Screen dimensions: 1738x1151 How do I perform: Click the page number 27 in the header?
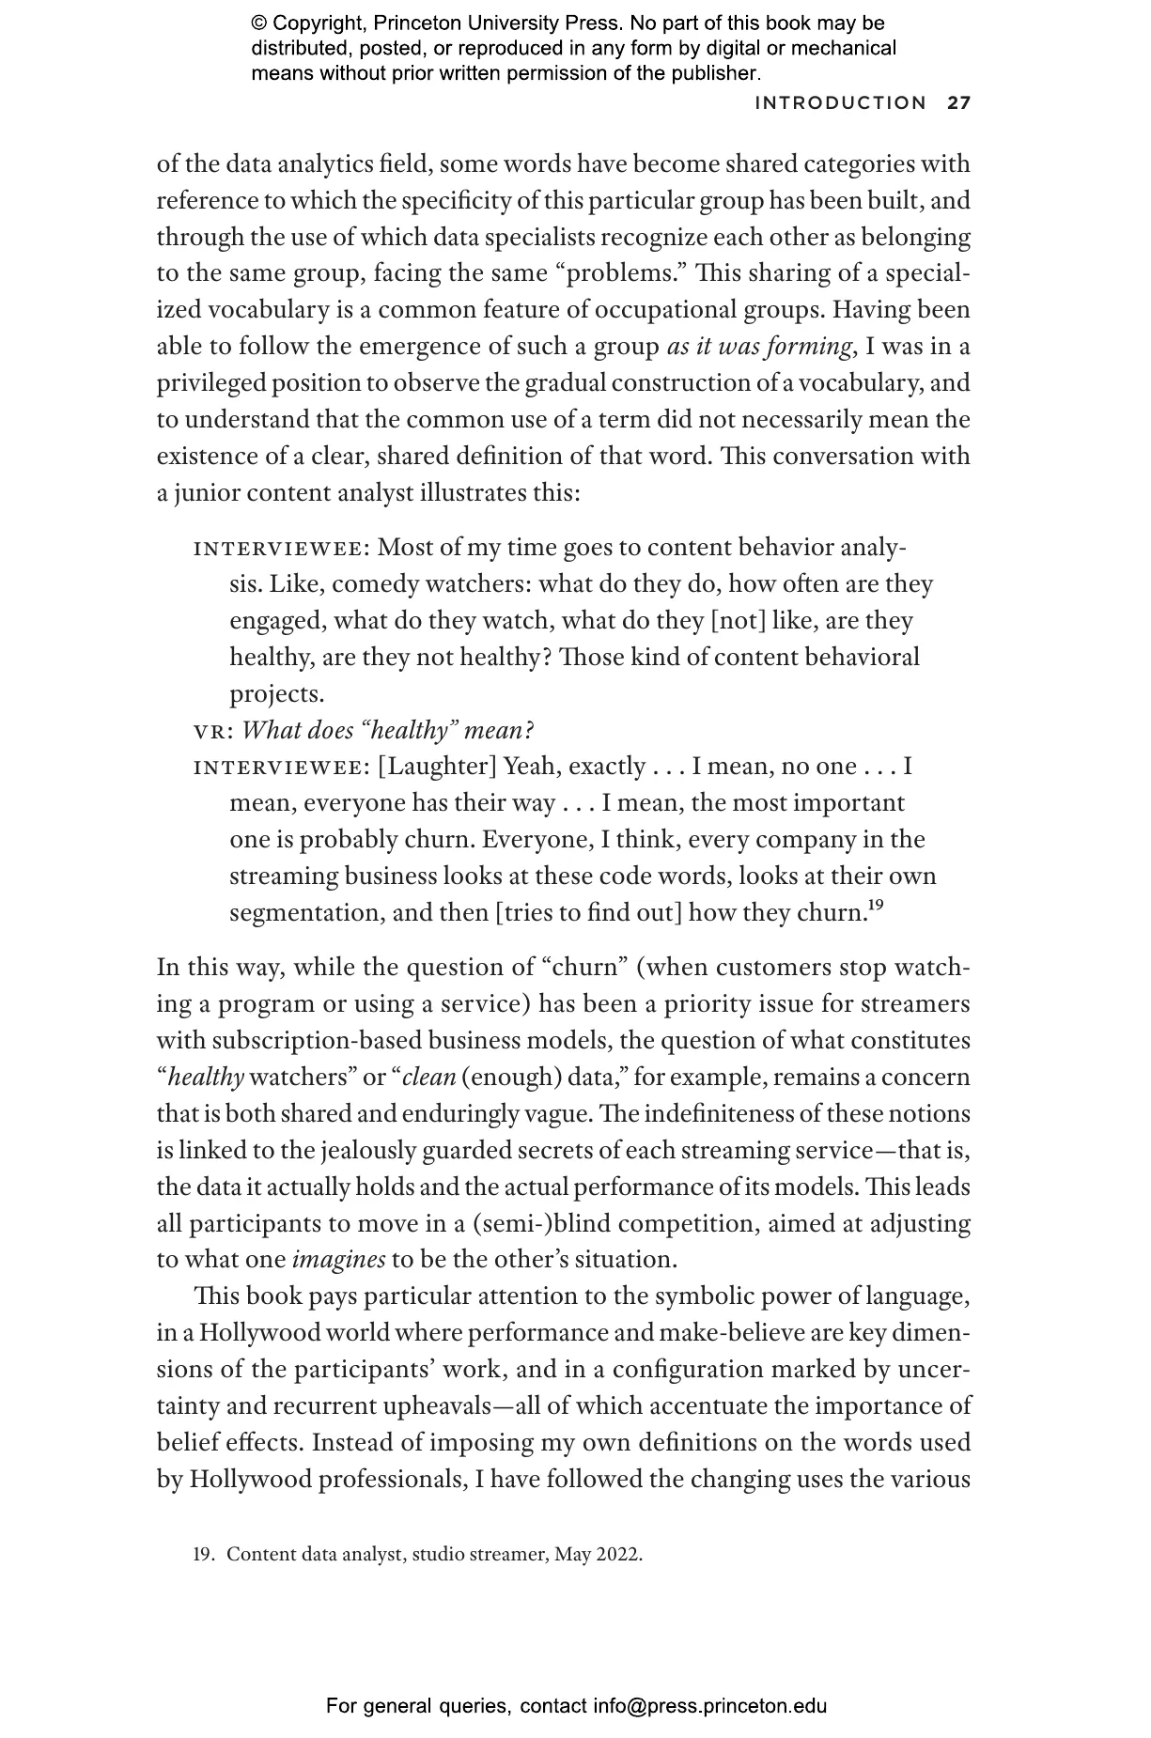pyautogui.click(x=958, y=103)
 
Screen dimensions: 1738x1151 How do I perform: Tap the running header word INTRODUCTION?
pyautogui.click(x=840, y=103)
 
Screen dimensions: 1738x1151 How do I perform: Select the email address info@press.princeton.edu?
pyautogui.click(x=709, y=1706)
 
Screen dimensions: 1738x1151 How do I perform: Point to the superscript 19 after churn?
pyautogui.click(x=874, y=906)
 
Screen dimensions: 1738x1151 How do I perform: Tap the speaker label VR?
pyautogui.click(x=213, y=731)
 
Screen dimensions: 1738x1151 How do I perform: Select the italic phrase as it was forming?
pyautogui.click(x=759, y=347)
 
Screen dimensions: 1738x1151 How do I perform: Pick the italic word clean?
pyautogui.click(x=428, y=1078)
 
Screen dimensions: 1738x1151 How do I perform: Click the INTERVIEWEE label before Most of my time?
pyautogui.click(x=281, y=548)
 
